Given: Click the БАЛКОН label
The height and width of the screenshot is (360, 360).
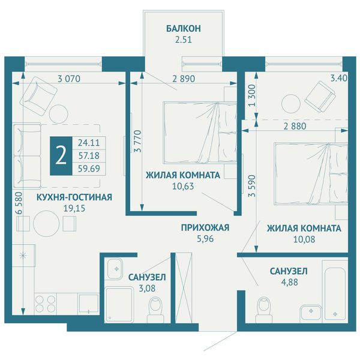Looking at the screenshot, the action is (x=184, y=28).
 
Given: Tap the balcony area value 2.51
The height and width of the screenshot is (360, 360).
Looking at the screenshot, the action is (x=183, y=40).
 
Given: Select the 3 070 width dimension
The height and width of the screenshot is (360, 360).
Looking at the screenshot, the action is (x=69, y=79).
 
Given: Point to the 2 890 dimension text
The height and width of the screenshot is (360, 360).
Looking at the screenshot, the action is (x=184, y=79).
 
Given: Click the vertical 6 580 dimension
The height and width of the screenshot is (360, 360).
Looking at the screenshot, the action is (x=20, y=203).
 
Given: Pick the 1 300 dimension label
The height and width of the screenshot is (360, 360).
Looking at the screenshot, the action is (x=252, y=95).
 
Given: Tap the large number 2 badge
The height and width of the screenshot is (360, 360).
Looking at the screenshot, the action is (x=61, y=156).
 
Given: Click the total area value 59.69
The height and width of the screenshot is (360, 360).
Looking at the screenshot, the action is (x=89, y=169).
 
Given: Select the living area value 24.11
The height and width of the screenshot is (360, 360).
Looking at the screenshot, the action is (x=89, y=143).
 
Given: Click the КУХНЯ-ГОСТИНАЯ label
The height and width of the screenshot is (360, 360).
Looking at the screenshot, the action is (x=74, y=197).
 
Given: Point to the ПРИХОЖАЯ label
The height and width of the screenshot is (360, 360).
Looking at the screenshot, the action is (x=205, y=227).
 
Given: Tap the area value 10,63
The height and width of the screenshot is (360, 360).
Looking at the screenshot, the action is (x=183, y=186).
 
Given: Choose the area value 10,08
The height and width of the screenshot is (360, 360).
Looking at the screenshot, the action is (x=304, y=239).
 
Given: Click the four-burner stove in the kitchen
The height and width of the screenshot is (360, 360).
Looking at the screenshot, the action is (x=46, y=304).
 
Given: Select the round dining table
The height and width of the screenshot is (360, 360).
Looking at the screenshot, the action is (x=46, y=223).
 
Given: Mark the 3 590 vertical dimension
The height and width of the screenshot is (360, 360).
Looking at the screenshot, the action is (x=252, y=186).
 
